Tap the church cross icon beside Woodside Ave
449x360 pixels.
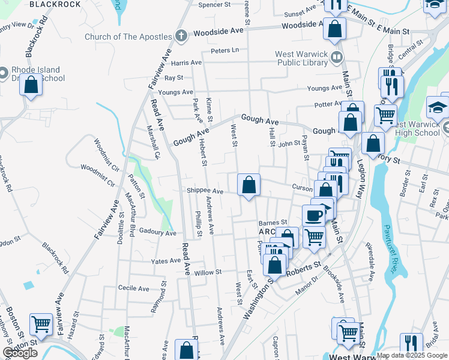click(180, 35)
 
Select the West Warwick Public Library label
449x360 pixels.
click(302, 58)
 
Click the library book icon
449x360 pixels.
click(337, 58)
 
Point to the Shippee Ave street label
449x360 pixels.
click(205, 191)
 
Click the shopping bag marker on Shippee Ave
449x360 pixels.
click(249, 186)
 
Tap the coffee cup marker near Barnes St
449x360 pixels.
click(313, 215)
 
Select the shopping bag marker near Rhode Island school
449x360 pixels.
click(31, 85)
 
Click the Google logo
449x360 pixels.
click(20, 353)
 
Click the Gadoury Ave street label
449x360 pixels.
click(157, 232)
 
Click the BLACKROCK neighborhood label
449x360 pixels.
click(55, 4)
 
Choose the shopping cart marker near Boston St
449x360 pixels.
click(41, 325)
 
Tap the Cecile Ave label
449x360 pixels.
click(134, 289)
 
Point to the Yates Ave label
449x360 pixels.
click(166, 261)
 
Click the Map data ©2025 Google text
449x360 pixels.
click(412, 355)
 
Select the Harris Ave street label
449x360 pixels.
click(186, 62)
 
